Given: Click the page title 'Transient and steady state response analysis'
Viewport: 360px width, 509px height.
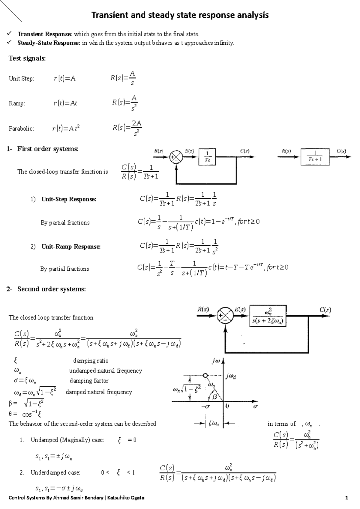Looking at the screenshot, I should (x=180, y=15).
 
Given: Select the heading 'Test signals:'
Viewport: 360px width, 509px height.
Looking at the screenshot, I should (x=27, y=58).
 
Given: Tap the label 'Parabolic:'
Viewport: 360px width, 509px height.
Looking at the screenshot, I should (x=21, y=129).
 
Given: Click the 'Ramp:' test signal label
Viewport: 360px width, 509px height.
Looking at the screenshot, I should (x=17, y=103).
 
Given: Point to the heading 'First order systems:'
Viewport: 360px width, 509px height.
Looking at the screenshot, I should (x=48, y=149).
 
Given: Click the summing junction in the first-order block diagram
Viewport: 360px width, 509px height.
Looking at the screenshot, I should (x=176, y=157).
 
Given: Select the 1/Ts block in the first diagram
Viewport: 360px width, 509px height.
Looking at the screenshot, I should (x=207, y=156).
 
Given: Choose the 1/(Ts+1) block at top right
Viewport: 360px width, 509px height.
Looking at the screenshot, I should (x=315, y=156).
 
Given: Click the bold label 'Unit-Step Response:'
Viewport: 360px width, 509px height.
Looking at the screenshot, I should (x=69, y=199).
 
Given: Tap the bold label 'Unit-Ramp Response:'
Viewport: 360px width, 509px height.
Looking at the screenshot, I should (x=71, y=247).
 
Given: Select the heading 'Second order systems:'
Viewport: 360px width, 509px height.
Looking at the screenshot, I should (x=51, y=289).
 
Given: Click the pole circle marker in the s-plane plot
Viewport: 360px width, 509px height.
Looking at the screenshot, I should (x=205, y=375).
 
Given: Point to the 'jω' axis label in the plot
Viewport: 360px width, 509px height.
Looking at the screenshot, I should (x=216, y=362).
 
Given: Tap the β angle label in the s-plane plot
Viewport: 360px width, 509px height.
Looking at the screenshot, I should (x=214, y=397).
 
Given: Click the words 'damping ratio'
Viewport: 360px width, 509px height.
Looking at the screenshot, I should (x=91, y=361).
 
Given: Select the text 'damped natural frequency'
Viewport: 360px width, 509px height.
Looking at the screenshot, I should (x=99, y=392).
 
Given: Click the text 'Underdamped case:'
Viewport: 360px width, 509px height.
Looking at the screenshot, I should (x=55, y=473).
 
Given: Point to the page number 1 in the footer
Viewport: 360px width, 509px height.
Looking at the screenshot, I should (x=347, y=498).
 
